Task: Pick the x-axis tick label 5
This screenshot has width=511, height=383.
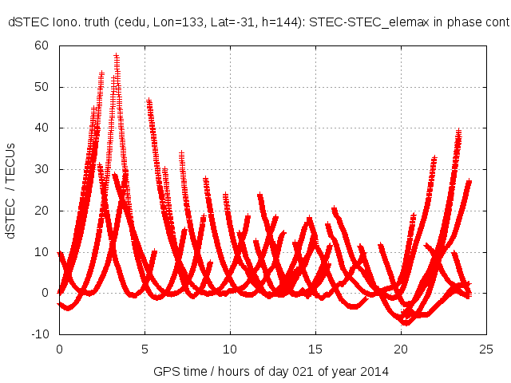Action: (145, 349)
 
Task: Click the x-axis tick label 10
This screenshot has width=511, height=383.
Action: (230, 349)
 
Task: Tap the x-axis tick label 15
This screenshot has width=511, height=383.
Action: (315, 349)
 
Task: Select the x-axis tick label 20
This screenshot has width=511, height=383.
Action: (401, 349)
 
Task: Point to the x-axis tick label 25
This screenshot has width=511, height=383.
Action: (486, 349)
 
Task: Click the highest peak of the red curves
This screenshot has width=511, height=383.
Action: (117, 56)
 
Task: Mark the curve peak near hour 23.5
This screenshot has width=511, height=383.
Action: (459, 130)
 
